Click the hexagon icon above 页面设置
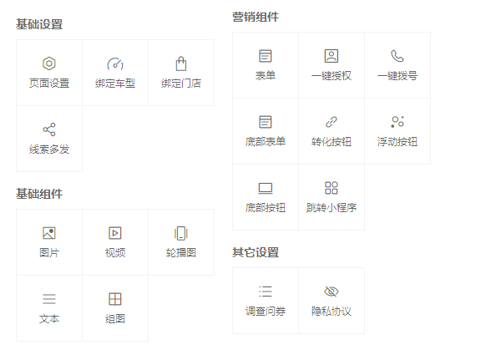[x=49, y=63]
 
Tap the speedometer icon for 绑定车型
[x=115, y=63]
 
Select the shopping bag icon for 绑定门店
[x=181, y=63]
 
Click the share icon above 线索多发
[x=49, y=129]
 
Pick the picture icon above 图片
[x=49, y=233]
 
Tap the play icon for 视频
[x=115, y=233]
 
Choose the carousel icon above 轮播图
[x=181, y=233]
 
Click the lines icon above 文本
[x=49, y=299]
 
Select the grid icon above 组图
[x=115, y=299]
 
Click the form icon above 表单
[x=266, y=56]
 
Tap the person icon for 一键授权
[x=331, y=56]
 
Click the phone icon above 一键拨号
[x=397, y=56]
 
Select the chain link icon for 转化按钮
[x=331, y=122]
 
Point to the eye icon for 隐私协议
[x=331, y=292]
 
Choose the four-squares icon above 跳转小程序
[x=331, y=188]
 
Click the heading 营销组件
[x=256, y=17]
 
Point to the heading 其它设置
[x=256, y=252]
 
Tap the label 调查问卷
[x=266, y=312]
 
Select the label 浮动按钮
[x=397, y=142]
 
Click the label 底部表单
[x=266, y=142]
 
